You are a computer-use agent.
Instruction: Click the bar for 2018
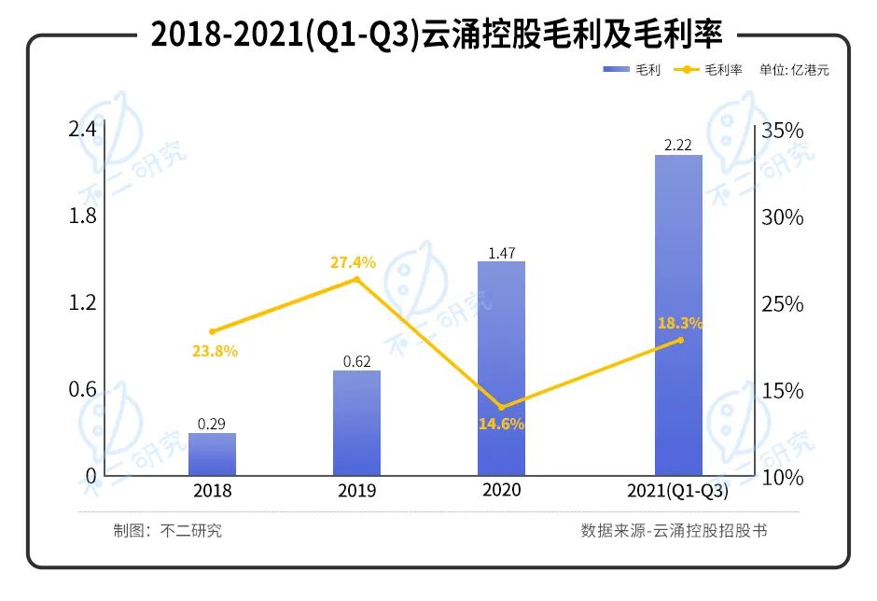click(212, 454)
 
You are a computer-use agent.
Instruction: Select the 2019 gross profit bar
click(356, 423)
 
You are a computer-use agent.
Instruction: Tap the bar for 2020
click(501, 368)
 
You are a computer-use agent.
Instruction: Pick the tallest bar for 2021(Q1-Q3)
click(678, 314)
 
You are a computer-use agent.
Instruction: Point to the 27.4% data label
click(353, 262)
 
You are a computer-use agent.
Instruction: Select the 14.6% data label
click(502, 424)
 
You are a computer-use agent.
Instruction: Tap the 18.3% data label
click(680, 324)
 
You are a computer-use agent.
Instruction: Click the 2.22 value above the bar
click(678, 145)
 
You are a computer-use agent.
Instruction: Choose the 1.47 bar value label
click(501, 252)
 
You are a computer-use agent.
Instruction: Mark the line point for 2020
click(502, 407)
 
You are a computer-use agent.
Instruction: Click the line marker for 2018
click(213, 331)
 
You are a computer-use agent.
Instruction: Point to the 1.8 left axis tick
click(83, 217)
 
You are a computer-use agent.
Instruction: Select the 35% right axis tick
click(782, 131)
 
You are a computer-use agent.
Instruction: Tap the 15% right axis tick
click(782, 391)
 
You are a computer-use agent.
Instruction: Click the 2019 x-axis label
click(356, 491)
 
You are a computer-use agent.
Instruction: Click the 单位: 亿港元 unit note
click(794, 70)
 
